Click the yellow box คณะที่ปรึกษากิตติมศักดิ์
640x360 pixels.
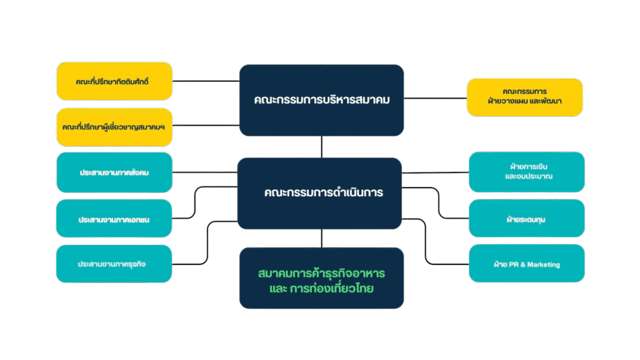click(x=114, y=81)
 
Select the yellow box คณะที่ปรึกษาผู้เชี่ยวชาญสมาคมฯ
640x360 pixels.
click(x=114, y=127)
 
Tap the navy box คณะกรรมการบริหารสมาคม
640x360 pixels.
click(x=321, y=100)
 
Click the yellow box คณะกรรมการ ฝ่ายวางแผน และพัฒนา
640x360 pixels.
click(x=524, y=97)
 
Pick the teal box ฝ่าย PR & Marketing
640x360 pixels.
click(x=526, y=264)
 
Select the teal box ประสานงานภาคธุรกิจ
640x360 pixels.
click(x=114, y=264)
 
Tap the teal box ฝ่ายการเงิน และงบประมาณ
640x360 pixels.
click(x=526, y=172)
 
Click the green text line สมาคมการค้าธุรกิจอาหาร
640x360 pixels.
click(x=321, y=274)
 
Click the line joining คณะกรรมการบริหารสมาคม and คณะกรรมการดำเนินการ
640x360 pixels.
click(x=321, y=147)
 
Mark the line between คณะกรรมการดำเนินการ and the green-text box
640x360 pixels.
click(x=321, y=238)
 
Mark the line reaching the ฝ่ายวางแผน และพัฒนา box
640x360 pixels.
click(x=435, y=97)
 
